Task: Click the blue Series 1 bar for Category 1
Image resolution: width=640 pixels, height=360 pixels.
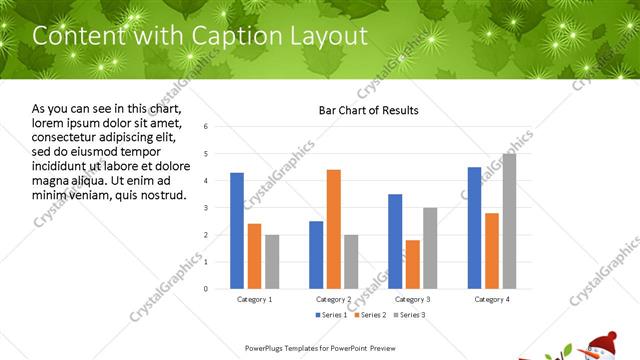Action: pyautogui.click(x=237, y=231)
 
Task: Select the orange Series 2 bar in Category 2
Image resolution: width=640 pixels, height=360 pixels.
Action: pyautogui.click(x=333, y=229)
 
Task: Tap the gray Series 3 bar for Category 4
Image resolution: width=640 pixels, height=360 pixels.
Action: pyautogui.click(x=509, y=221)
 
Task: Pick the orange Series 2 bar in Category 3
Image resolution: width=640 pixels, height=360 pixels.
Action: pyautogui.click(x=413, y=264)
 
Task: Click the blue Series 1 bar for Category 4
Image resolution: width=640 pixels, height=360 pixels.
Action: pyautogui.click(x=474, y=228)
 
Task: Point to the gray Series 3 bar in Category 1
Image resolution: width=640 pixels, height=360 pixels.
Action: pyautogui.click(x=272, y=262)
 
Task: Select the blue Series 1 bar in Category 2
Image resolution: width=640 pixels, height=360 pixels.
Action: pyautogui.click(x=316, y=255)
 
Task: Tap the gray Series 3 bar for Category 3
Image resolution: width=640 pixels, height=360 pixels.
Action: pyautogui.click(x=430, y=248)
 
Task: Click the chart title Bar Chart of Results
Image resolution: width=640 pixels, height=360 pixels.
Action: pyautogui.click(x=368, y=110)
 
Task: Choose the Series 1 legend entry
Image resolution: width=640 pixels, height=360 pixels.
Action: pyautogui.click(x=333, y=315)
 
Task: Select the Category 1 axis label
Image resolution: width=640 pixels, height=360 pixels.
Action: pyautogui.click(x=254, y=299)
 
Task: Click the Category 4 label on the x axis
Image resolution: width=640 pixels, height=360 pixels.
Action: pyautogui.click(x=491, y=299)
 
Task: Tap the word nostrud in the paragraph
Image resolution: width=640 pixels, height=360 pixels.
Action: pyautogui.click(x=161, y=194)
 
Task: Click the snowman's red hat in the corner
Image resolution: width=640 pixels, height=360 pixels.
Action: pyautogui.click(x=603, y=343)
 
